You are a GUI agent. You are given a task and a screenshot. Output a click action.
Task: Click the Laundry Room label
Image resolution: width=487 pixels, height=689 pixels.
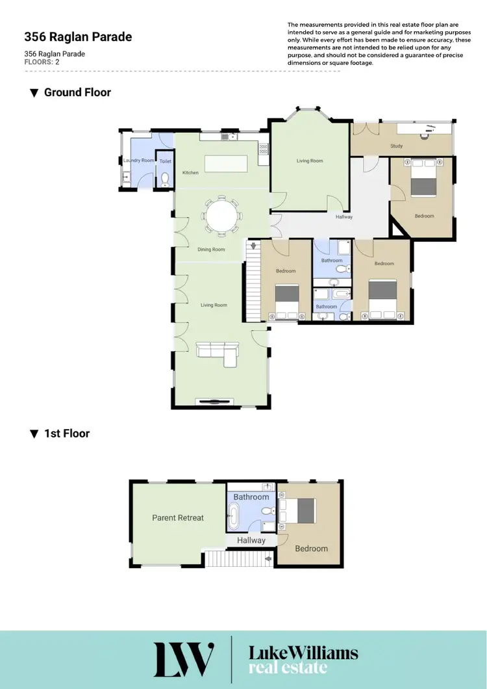pyautogui.click(x=139, y=160)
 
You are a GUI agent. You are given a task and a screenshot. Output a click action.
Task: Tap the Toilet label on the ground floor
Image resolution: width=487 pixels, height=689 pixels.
pyautogui.click(x=166, y=160)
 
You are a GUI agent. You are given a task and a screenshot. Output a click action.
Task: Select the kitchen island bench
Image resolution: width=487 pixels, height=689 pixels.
pyautogui.click(x=226, y=162)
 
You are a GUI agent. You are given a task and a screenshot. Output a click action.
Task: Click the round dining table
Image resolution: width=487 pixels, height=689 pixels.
pyautogui.click(x=222, y=214)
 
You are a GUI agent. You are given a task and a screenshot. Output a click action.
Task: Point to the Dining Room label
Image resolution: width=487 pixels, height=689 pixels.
pyautogui.click(x=211, y=250)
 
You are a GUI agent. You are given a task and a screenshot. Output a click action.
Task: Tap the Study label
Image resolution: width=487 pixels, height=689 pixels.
pyautogui.click(x=396, y=146)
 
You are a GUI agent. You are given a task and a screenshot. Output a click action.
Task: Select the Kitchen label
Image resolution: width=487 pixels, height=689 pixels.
pyautogui.click(x=190, y=173)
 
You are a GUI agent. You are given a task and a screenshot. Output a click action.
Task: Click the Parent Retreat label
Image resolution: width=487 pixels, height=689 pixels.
pyautogui.click(x=178, y=518)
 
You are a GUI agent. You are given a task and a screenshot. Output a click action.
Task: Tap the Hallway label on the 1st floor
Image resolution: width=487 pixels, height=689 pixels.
pyautogui.click(x=251, y=540)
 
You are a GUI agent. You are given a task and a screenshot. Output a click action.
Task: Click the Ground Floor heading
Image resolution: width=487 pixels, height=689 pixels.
pyautogui.click(x=77, y=92)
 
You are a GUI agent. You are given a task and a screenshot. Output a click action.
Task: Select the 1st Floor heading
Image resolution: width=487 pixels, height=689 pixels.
pyautogui.click(x=66, y=433)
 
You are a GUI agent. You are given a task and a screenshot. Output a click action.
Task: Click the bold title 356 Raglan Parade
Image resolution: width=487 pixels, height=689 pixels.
pyautogui.click(x=78, y=37)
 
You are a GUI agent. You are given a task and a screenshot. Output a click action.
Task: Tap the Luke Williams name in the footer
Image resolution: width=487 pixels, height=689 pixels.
pyautogui.click(x=303, y=653)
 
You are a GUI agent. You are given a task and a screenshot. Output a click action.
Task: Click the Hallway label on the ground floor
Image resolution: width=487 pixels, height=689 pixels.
pyautogui.click(x=343, y=217)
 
